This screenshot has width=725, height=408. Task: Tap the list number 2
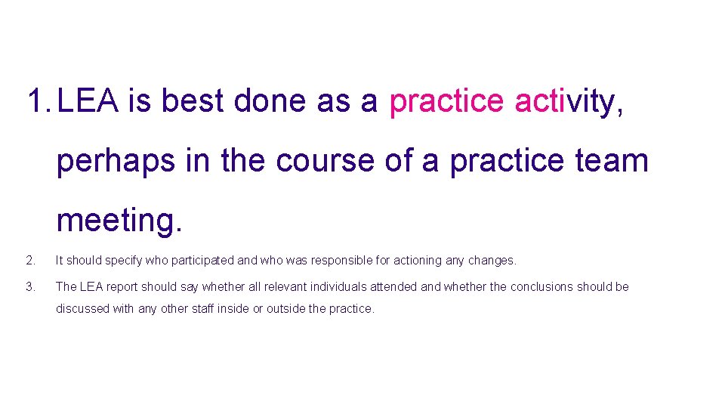29,261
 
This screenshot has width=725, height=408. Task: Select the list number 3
29,287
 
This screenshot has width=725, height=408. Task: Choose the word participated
202,261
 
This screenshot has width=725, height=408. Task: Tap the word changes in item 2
491,261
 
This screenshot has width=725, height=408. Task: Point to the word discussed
82,309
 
